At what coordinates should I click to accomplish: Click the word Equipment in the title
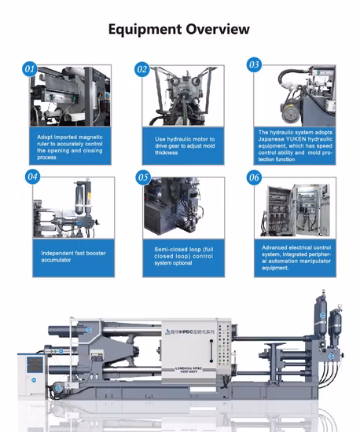[145, 30]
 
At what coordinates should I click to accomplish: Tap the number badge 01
[31, 69]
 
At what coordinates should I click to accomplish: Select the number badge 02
[142, 69]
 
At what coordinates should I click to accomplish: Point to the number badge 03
[254, 64]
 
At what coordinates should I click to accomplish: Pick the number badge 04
[33, 177]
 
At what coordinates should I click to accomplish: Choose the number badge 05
[143, 178]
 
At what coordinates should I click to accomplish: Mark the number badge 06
[254, 177]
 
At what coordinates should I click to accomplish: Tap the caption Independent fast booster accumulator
[67, 256]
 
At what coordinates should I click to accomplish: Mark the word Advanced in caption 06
[277, 247]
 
